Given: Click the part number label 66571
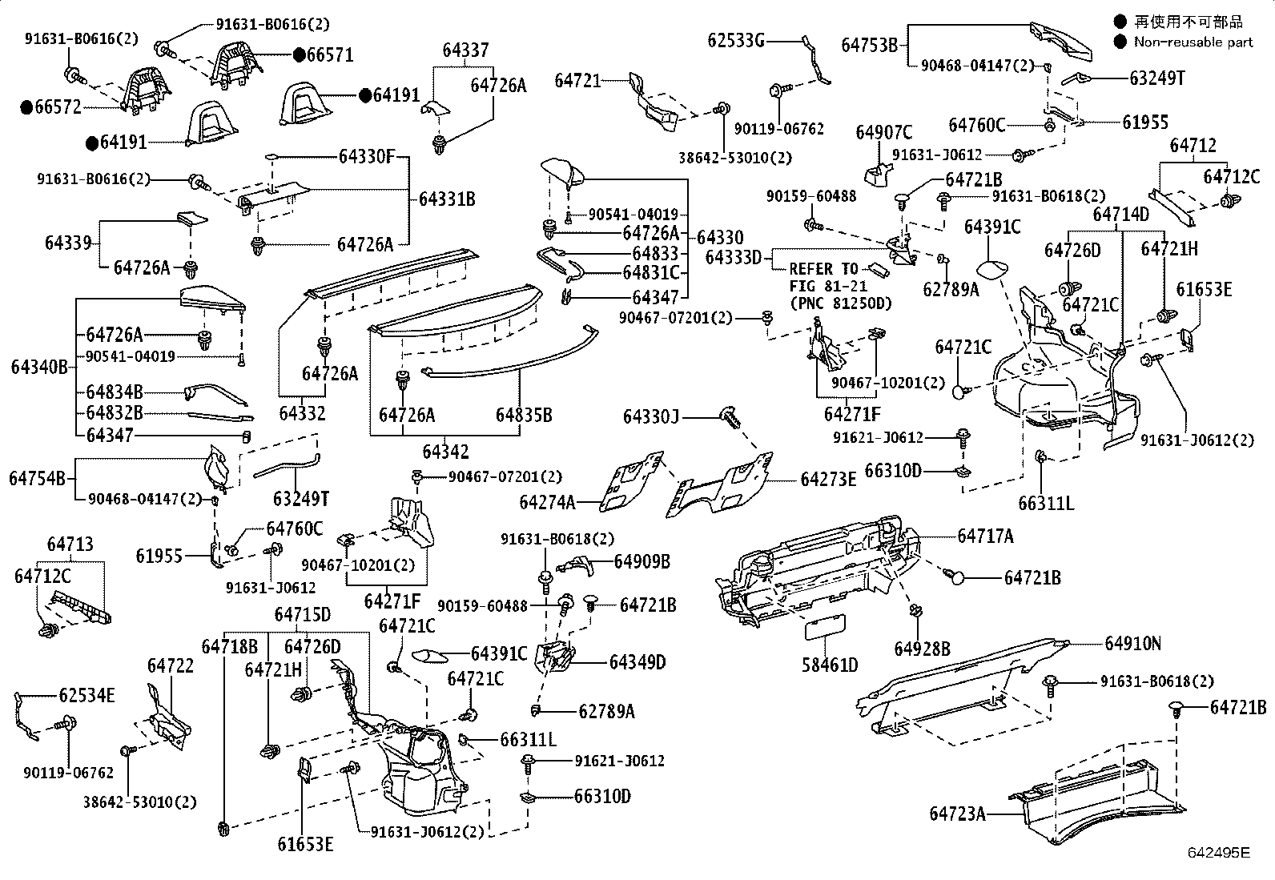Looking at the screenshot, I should click(330, 54).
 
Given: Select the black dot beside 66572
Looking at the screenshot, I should click(26, 106).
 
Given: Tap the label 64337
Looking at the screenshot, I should click(465, 51).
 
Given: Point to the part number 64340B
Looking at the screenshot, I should click(39, 368).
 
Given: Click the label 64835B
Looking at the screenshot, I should click(524, 415).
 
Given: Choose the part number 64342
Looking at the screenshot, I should click(445, 452).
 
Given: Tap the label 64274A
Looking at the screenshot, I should click(547, 502).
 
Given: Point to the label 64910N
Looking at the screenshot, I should click(1133, 643).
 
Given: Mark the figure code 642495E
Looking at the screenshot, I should click(1218, 854).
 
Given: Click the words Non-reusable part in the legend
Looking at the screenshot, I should click(1193, 42).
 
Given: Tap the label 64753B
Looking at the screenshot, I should click(869, 45).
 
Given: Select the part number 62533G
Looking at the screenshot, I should click(736, 39).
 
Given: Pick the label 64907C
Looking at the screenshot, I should click(883, 132).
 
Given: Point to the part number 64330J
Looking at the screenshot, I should click(651, 417).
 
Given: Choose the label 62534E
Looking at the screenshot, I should click(86, 695).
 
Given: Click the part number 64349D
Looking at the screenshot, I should click(637, 662).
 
